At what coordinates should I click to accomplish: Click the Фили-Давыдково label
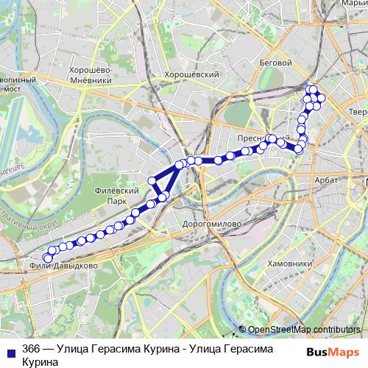pos(64,265)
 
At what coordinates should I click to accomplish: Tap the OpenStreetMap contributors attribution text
pos(305,330)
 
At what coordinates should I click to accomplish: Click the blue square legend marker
pos(10,350)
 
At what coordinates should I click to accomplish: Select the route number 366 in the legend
pos(31,349)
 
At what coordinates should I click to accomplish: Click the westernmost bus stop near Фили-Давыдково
pos(47,258)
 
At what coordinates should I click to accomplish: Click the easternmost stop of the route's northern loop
pos(321,98)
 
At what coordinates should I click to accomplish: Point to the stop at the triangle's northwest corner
pos(152,181)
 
